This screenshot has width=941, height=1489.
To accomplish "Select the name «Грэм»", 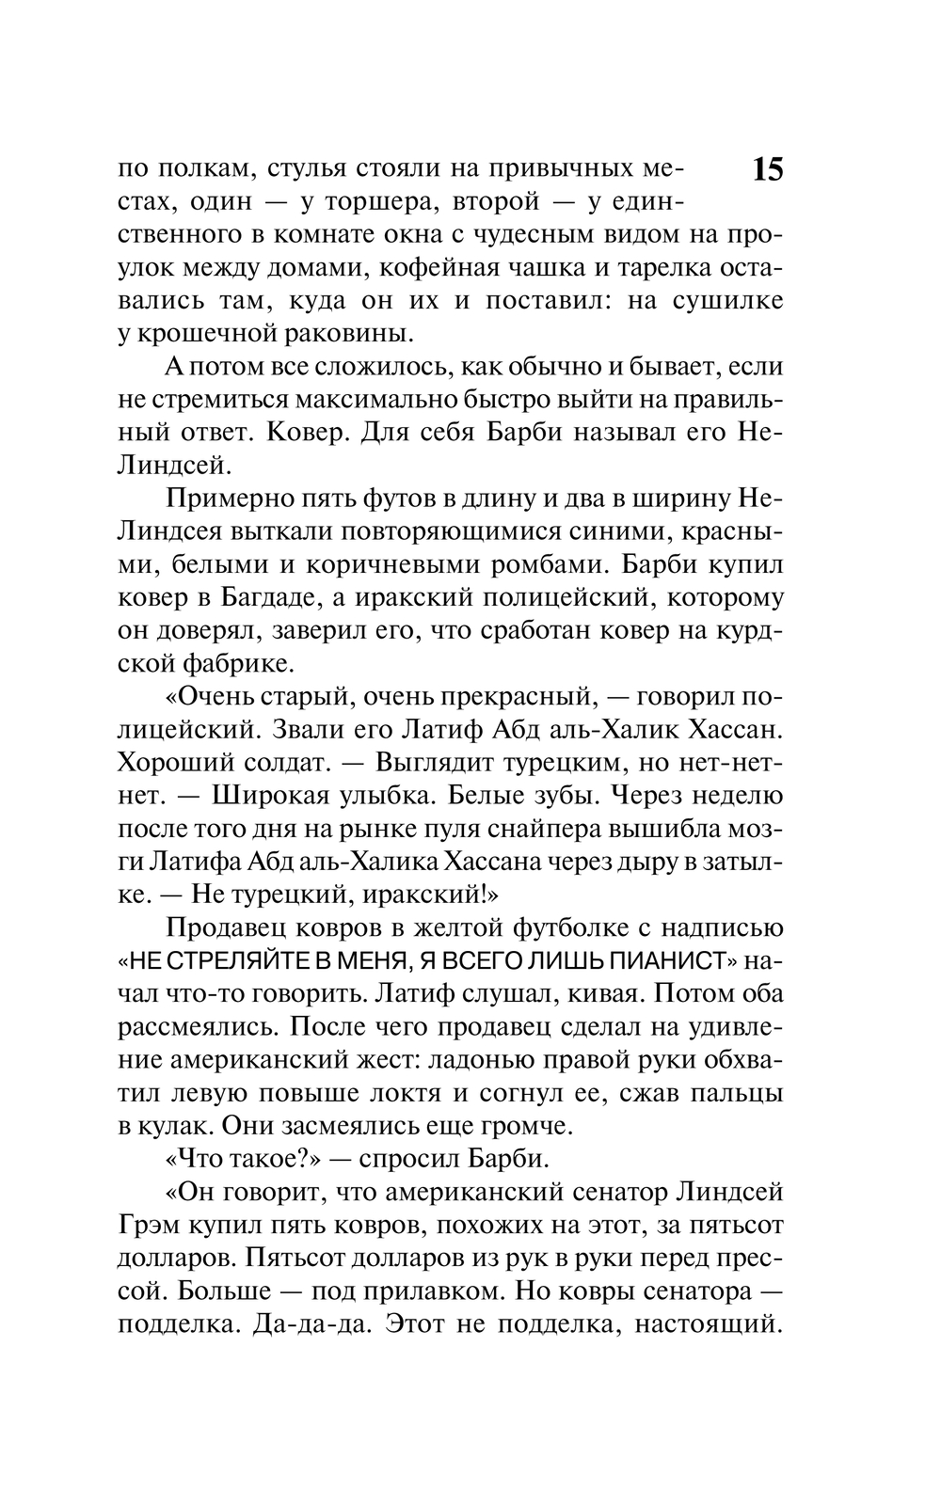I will pos(150,1225).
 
